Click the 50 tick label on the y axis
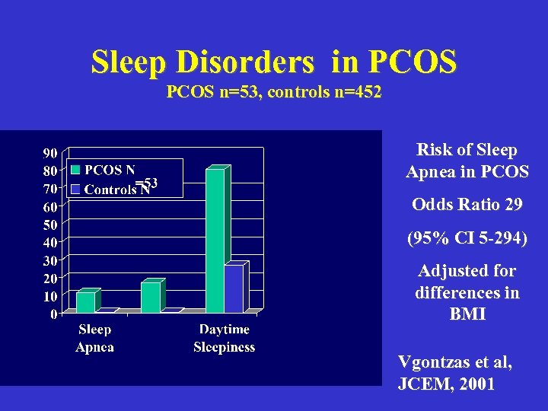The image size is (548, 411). pyautogui.click(x=48, y=225)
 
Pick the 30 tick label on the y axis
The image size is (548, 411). pyautogui.click(x=48, y=260)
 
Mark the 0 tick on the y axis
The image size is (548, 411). pyautogui.click(x=52, y=314)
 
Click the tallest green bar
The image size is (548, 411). pyautogui.click(x=215, y=240)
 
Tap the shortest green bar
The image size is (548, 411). pyautogui.click(x=86, y=301)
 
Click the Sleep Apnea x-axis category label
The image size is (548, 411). pyautogui.click(x=94, y=338)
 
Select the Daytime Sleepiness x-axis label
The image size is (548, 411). pyautogui.click(x=224, y=338)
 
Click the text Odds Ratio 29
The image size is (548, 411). pyautogui.click(x=467, y=205)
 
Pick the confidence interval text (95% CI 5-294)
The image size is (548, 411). pyautogui.click(x=467, y=237)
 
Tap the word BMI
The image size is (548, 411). pyautogui.click(x=467, y=314)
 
